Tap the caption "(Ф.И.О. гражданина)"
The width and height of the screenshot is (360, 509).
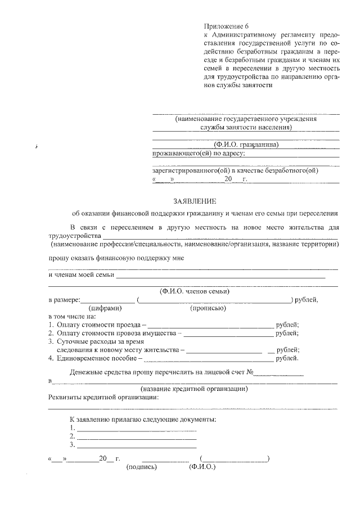coord(246,145)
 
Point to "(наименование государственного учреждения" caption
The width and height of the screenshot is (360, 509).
coord(246,119)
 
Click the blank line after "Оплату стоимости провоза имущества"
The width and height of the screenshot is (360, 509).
coord(228,334)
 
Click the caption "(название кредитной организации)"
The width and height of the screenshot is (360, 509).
coord(194,389)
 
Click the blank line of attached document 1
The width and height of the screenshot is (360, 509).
coord(136,427)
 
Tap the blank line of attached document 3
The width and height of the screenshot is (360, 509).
coord(136,445)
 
